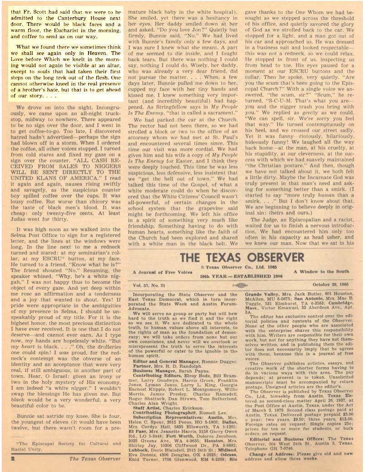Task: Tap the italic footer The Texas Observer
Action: pyautogui.click(x=94, y=459)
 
